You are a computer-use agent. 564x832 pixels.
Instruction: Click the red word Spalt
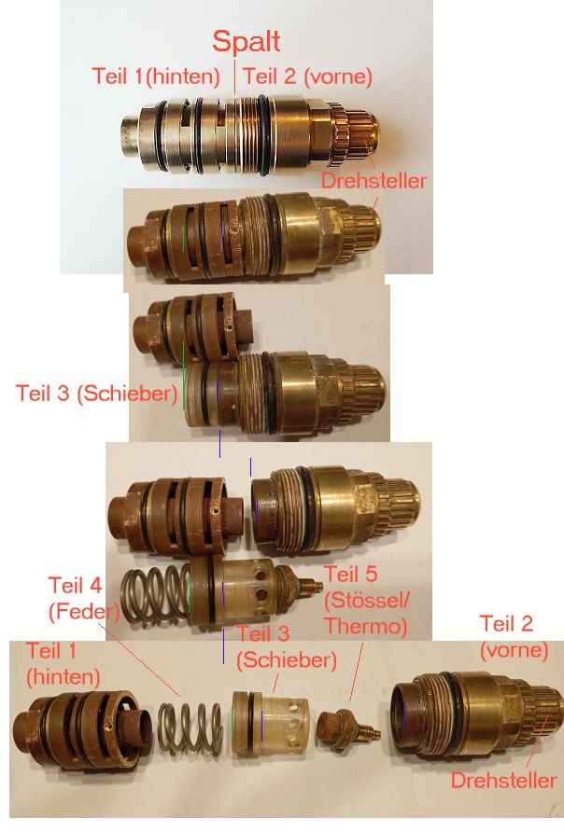(x=247, y=41)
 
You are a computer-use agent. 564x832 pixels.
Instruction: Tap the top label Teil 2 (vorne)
(x=307, y=76)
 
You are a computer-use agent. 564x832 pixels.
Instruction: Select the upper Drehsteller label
(x=374, y=181)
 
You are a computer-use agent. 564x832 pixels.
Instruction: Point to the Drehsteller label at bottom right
(x=503, y=780)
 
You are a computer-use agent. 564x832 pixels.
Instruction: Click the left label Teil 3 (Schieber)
(x=96, y=393)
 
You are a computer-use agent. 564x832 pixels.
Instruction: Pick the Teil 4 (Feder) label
(x=84, y=599)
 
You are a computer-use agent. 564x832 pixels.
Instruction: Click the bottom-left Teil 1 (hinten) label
(x=63, y=660)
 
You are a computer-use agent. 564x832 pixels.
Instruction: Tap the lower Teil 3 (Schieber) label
(x=286, y=647)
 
